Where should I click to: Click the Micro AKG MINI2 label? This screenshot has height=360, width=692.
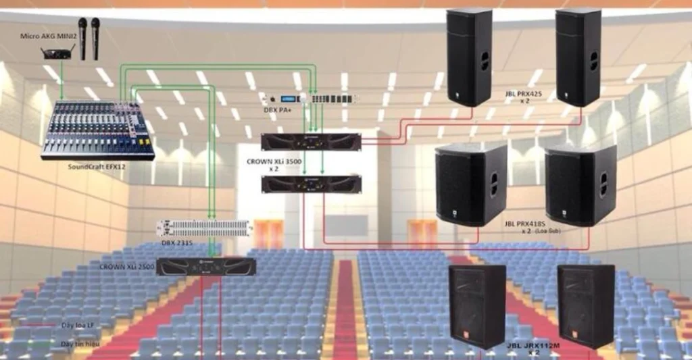point(47,35)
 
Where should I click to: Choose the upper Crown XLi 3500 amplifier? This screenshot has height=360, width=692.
point(311,142)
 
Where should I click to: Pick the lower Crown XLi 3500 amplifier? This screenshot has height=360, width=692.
point(311,184)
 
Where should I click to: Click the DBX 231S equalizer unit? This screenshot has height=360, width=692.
point(203,228)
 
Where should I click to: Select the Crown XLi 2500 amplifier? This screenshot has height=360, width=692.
point(206,267)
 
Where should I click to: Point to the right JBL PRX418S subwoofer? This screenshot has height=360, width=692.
point(580,185)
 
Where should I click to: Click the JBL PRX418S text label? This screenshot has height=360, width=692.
point(524,224)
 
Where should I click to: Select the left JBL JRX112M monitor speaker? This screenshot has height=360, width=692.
point(477,306)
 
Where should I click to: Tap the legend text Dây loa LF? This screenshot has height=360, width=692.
point(76,326)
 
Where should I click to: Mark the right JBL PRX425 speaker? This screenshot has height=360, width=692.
point(578,57)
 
